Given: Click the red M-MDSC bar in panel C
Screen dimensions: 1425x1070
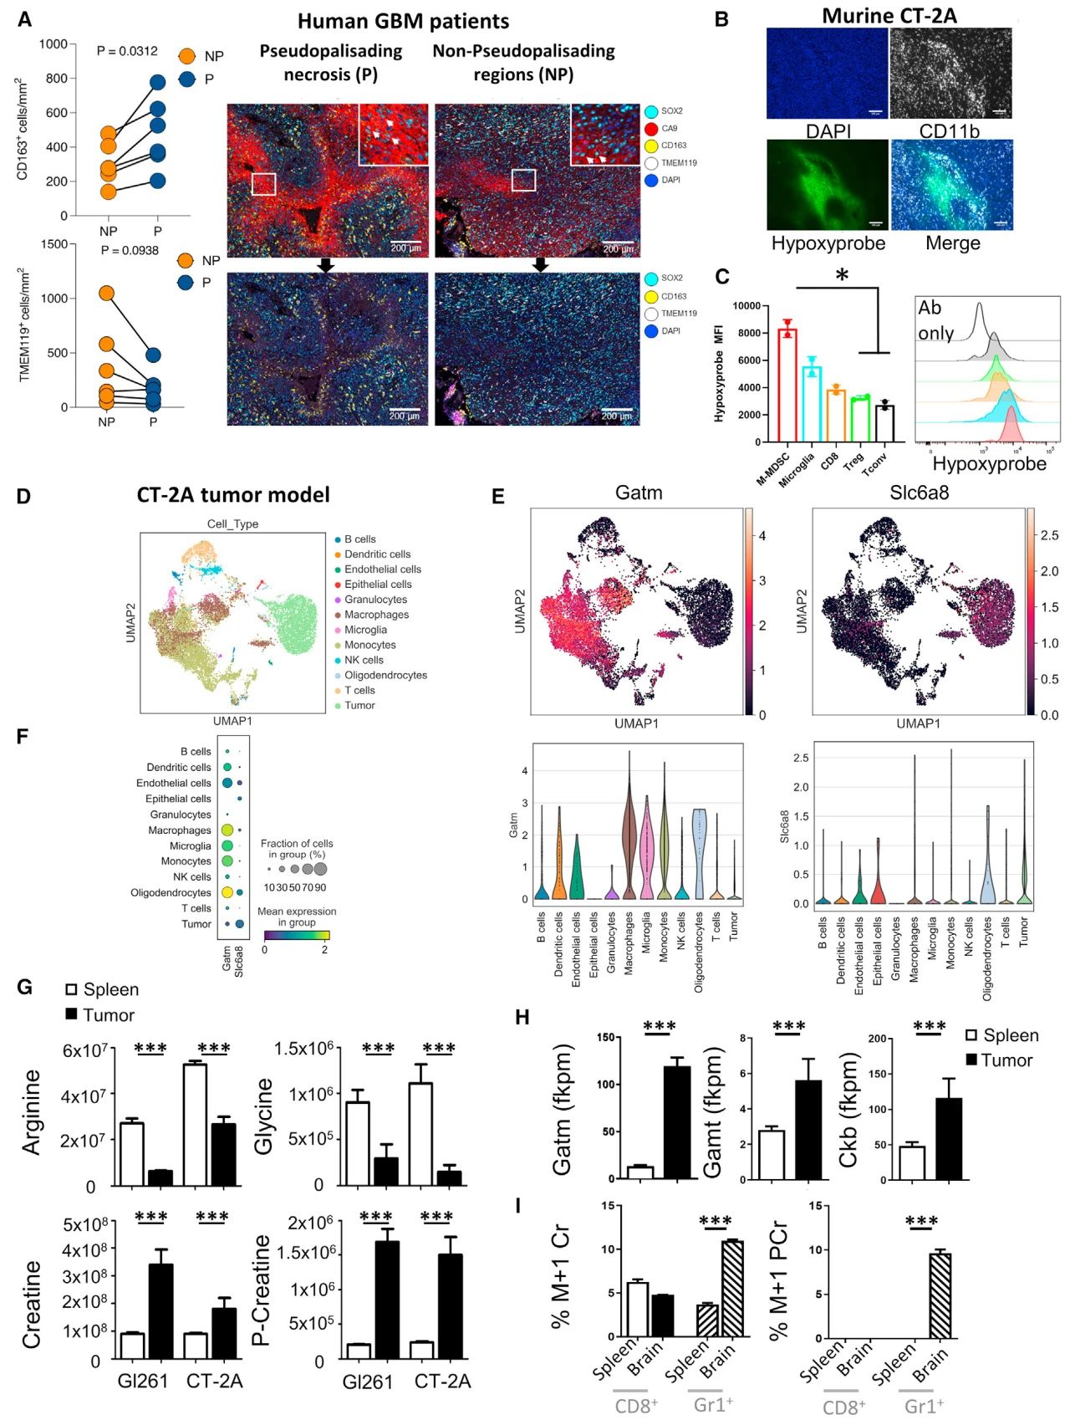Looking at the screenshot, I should coord(787,385).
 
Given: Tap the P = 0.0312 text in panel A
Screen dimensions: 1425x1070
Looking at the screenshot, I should coord(127,51).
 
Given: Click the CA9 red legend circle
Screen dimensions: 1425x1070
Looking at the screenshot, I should coord(651,129).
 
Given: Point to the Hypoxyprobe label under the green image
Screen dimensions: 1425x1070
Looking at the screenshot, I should coord(828,243).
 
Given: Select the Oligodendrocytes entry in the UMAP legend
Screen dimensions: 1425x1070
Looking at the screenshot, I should coord(385,675).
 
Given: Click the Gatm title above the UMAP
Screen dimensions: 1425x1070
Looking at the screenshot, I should coord(639,493).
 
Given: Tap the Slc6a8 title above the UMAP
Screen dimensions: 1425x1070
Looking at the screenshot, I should coord(919,493).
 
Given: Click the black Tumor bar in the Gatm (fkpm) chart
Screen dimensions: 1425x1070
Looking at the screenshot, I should coord(677,1122).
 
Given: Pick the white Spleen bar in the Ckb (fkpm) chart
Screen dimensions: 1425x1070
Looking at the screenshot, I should coord(912,1162).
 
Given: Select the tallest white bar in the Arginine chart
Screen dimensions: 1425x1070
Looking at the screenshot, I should coord(196,1124).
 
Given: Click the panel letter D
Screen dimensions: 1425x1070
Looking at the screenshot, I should coord(23,496).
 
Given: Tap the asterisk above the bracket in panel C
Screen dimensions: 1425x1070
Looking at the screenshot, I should coord(842,275).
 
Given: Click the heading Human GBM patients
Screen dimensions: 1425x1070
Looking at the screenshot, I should coord(403,21).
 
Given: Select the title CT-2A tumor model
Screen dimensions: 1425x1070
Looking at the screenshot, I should coord(233,495).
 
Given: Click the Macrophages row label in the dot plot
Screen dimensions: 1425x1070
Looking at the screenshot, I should coord(180,830).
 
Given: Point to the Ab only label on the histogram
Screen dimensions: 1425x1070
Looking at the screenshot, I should coord(936,319).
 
